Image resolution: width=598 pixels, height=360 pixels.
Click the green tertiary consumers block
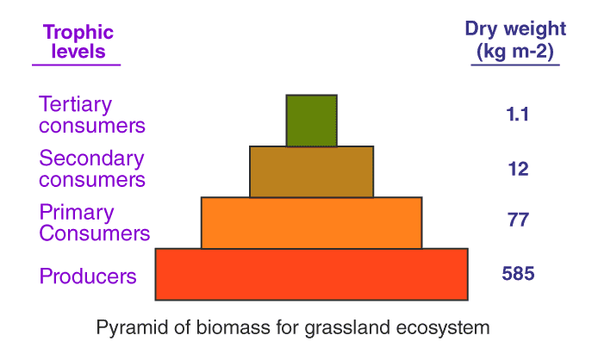[x=311, y=120]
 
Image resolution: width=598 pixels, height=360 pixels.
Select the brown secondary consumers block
[x=311, y=171]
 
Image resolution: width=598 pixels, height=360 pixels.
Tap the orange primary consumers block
[x=311, y=222]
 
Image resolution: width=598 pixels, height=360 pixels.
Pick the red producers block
[x=311, y=274]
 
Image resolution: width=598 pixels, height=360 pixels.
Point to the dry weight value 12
[x=518, y=169]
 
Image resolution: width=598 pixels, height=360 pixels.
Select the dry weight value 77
[x=518, y=220]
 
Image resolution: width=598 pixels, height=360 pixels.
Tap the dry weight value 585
[x=518, y=274]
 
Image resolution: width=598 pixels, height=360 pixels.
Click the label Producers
[x=88, y=276]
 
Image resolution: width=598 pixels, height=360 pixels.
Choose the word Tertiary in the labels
[x=76, y=105]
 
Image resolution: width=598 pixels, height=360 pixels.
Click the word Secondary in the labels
[x=91, y=158]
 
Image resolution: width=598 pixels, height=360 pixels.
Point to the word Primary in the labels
[x=77, y=213]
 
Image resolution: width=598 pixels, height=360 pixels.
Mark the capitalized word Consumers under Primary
[x=95, y=233]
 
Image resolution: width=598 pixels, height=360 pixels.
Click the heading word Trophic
[x=78, y=33]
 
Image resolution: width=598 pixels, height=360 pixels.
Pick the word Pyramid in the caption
[x=126, y=328]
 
